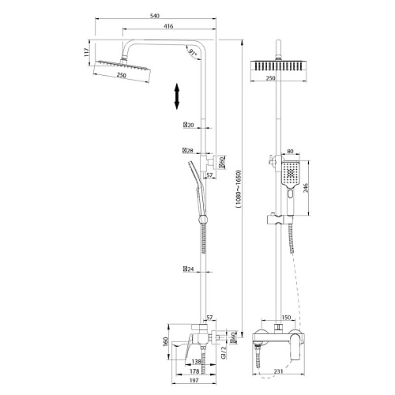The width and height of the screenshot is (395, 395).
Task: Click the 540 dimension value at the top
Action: point(155,16)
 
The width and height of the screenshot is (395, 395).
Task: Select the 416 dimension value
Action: point(168,26)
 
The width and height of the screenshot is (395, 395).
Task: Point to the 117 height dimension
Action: point(86,53)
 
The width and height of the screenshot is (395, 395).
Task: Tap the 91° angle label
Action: point(193,54)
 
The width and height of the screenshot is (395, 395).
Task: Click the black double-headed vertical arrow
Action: point(177,96)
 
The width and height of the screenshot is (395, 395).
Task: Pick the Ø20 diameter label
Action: point(188,125)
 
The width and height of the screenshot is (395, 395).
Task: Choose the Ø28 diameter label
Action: point(188,151)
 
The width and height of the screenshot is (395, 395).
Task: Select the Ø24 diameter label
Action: point(188,269)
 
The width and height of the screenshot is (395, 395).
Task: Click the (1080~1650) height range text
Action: point(239,189)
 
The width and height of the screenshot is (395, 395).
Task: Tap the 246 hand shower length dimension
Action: point(306,188)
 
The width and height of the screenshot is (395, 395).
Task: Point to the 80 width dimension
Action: point(290,152)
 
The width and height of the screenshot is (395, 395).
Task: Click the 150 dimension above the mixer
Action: point(286,318)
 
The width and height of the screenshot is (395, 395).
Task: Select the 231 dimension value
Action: point(278,371)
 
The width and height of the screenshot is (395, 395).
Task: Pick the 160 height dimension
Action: point(166,341)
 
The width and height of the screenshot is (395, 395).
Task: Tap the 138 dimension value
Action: point(196,362)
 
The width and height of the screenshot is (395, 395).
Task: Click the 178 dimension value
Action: point(194,371)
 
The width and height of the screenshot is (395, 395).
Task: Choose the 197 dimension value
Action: point(194,380)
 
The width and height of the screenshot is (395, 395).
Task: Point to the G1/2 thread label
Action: point(224,353)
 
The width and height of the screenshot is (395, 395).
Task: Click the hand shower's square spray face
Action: point(291,173)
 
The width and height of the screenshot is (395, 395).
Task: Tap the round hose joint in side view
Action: point(203,219)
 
